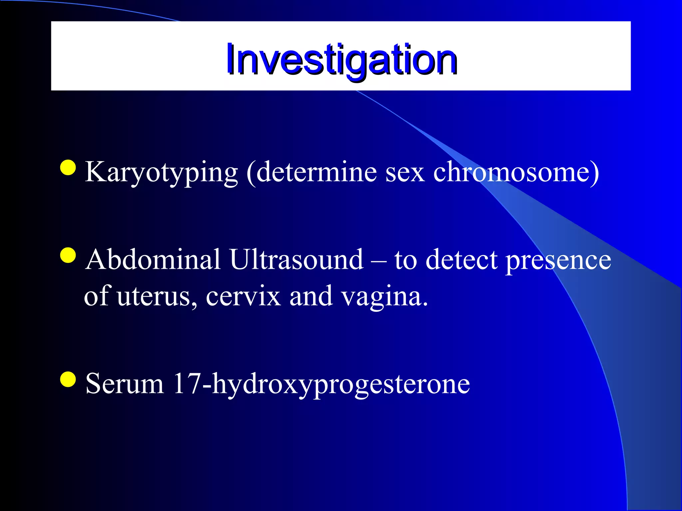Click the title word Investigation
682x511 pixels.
(341, 60)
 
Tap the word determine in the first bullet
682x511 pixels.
(316, 172)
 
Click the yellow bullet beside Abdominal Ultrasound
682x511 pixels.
(68, 255)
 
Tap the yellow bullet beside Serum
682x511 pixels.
(68, 380)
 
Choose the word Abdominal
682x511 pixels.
(153, 259)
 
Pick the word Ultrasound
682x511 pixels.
(296, 259)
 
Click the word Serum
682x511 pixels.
(125, 384)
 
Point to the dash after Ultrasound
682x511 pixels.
(379, 261)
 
